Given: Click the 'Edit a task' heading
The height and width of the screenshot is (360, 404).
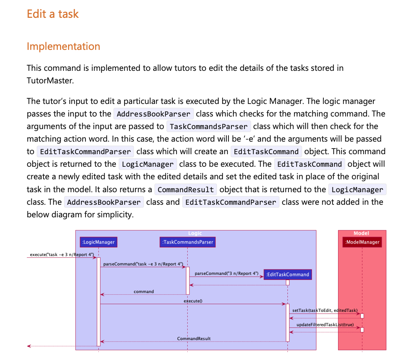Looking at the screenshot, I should pyautogui.click(x=53, y=14).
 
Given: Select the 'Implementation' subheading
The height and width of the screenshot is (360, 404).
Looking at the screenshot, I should pyautogui.click(x=63, y=46).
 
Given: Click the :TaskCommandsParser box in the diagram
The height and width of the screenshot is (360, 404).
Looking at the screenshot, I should pyautogui.click(x=187, y=242).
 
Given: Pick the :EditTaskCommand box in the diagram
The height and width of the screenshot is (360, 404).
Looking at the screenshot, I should pyautogui.click(x=287, y=275).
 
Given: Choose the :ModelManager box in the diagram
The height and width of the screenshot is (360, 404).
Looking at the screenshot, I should pyautogui.click(x=362, y=242).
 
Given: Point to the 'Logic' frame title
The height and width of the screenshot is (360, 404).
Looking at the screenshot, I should pyautogui.click(x=195, y=233).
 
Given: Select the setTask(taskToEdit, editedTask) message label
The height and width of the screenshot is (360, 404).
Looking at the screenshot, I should pyautogui.click(x=325, y=310).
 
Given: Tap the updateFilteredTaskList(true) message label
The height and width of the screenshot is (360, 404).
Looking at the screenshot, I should pyautogui.click(x=325, y=325).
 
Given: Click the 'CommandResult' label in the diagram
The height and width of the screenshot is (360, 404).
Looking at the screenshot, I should pyautogui.click(x=194, y=339).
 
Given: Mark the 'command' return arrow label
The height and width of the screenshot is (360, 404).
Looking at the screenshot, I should pyautogui.click(x=143, y=291).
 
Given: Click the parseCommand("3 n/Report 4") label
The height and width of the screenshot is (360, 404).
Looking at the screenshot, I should pyautogui.click(x=226, y=273).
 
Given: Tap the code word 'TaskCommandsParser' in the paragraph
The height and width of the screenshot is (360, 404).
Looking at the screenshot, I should pyautogui.click(x=208, y=126).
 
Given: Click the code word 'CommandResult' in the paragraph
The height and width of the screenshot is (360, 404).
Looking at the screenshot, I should pyautogui.click(x=186, y=190).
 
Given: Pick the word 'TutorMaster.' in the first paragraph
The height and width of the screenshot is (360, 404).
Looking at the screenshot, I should pyautogui.click(x=50, y=81).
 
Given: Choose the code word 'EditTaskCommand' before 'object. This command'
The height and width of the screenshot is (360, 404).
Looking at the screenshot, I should pyautogui.click(x=266, y=152).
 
